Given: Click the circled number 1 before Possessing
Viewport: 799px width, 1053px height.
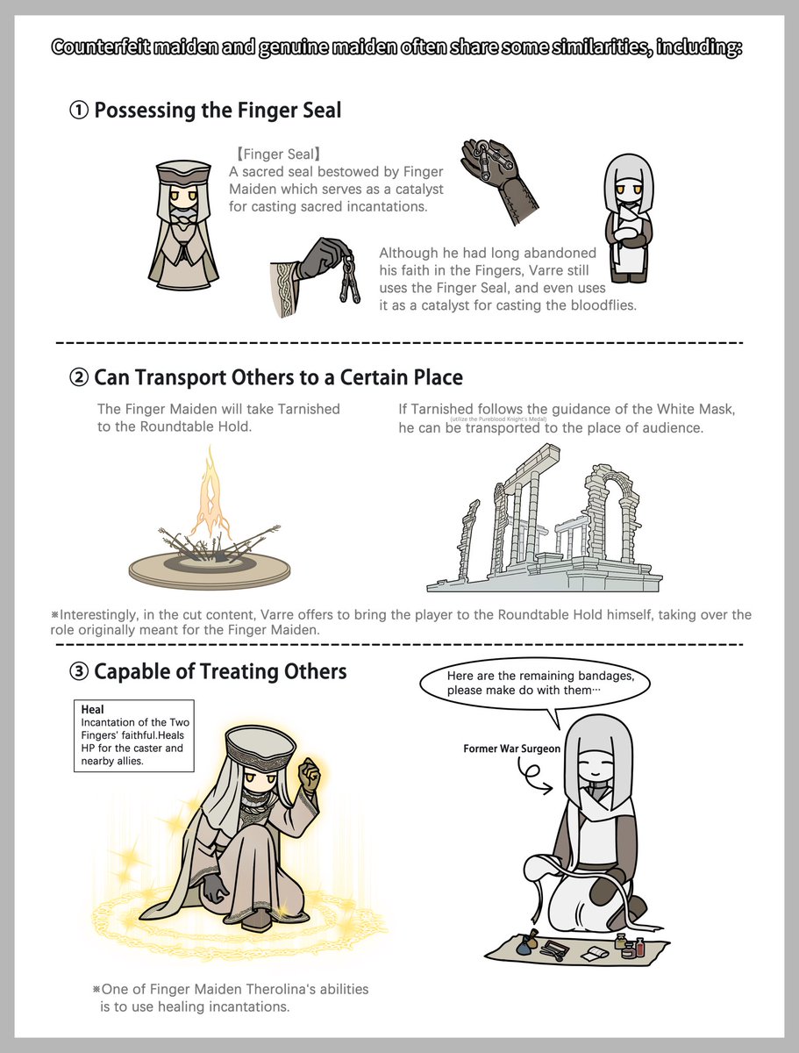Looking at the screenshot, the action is pos(79,111).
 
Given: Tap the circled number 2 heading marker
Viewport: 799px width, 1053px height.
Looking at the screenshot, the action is pos(79,378).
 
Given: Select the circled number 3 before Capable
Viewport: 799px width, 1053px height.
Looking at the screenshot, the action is pos(79,671).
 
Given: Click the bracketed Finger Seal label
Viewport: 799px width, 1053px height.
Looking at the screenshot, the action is pos(278,154).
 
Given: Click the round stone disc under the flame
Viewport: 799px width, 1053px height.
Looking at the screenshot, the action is pos(210,569).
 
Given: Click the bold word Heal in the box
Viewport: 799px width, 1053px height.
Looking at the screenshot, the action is pos(92,710).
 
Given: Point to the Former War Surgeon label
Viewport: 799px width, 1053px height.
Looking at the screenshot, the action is pos(511,749).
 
